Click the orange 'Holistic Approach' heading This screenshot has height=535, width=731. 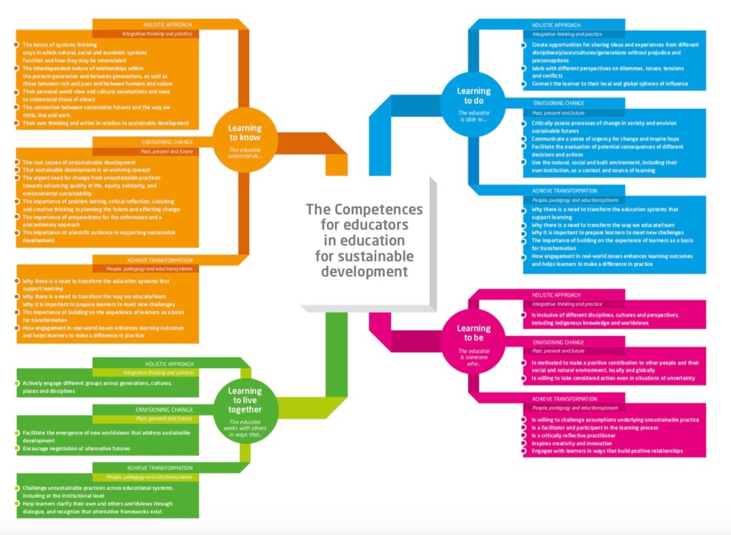[165, 24]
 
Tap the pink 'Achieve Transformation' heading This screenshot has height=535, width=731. [565, 399]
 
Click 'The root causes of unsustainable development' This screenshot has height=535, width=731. [79, 163]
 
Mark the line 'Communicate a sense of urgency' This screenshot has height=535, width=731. [605, 138]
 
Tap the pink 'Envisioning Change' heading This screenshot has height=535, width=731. [558, 342]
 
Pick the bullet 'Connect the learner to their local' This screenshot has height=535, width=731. [610, 83]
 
